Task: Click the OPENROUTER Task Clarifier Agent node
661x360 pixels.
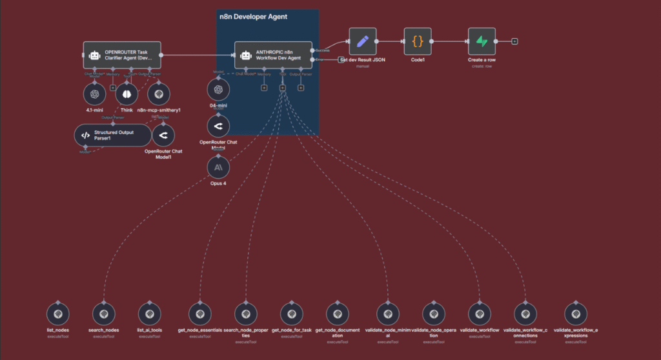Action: pyautogui.click(x=122, y=55)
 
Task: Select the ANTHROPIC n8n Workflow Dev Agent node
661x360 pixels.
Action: pyautogui.click(x=273, y=55)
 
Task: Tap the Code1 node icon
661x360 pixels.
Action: pyautogui.click(x=418, y=41)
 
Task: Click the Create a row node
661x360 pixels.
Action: pyautogui.click(x=482, y=41)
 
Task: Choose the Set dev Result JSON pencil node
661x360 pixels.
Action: pyautogui.click(x=362, y=41)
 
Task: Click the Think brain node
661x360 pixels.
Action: pyautogui.click(x=127, y=94)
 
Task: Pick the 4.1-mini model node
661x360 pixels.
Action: pyautogui.click(x=95, y=94)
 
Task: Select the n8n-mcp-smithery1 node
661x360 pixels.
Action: pyautogui.click(x=159, y=94)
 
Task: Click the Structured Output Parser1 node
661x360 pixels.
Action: pyautogui.click(x=112, y=135)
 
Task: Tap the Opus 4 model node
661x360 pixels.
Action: pyautogui.click(x=218, y=168)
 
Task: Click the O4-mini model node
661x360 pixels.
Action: pyautogui.click(x=218, y=90)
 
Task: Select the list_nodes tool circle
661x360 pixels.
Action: pyautogui.click(x=58, y=314)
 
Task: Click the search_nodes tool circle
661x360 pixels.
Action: pyautogui.click(x=103, y=314)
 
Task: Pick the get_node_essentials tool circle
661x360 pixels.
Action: pyautogui.click(x=200, y=314)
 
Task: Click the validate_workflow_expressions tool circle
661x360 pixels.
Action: pyautogui.click(x=576, y=314)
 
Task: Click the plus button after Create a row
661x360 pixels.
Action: pyautogui.click(x=514, y=41)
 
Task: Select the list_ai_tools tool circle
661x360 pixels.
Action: pyautogui.click(x=149, y=314)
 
